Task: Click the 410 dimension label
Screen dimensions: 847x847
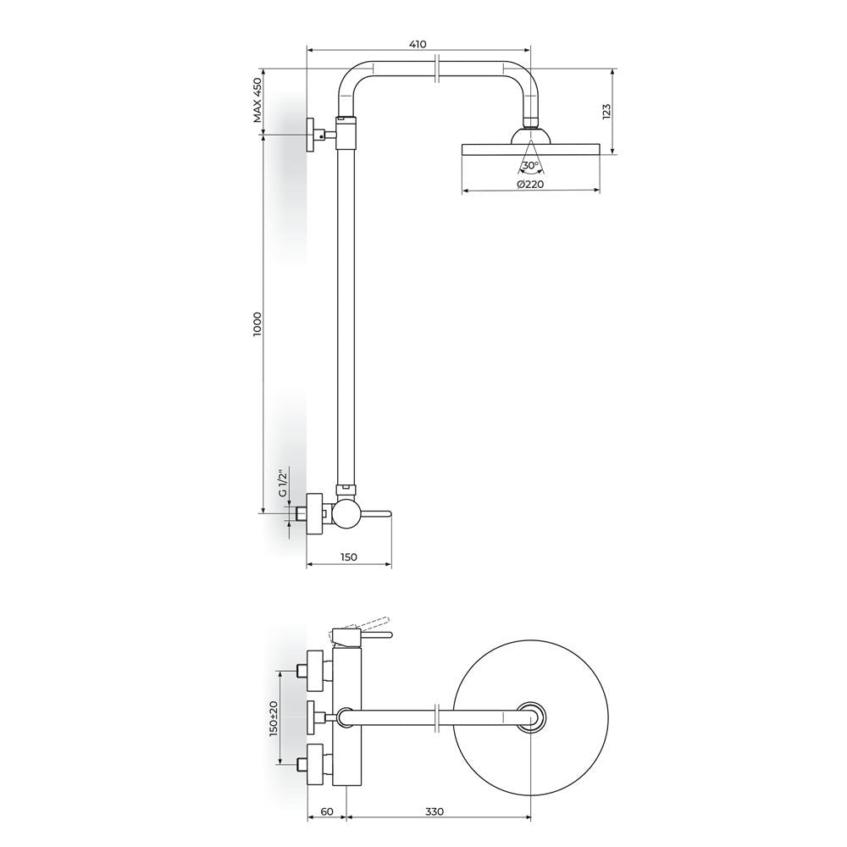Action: click(418, 44)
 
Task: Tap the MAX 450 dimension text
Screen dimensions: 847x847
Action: click(257, 101)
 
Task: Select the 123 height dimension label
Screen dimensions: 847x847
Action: click(606, 111)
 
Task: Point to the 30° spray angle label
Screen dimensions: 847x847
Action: click(530, 165)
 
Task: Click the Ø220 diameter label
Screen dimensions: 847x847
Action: click(529, 184)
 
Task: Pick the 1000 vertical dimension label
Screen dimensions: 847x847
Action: click(257, 324)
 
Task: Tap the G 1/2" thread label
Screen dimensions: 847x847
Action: click(282, 484)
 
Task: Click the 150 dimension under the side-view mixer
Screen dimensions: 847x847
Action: click(349, 557)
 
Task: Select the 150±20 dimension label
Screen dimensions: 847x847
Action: click(274, 718)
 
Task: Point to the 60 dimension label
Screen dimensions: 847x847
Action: click(327, 811)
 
